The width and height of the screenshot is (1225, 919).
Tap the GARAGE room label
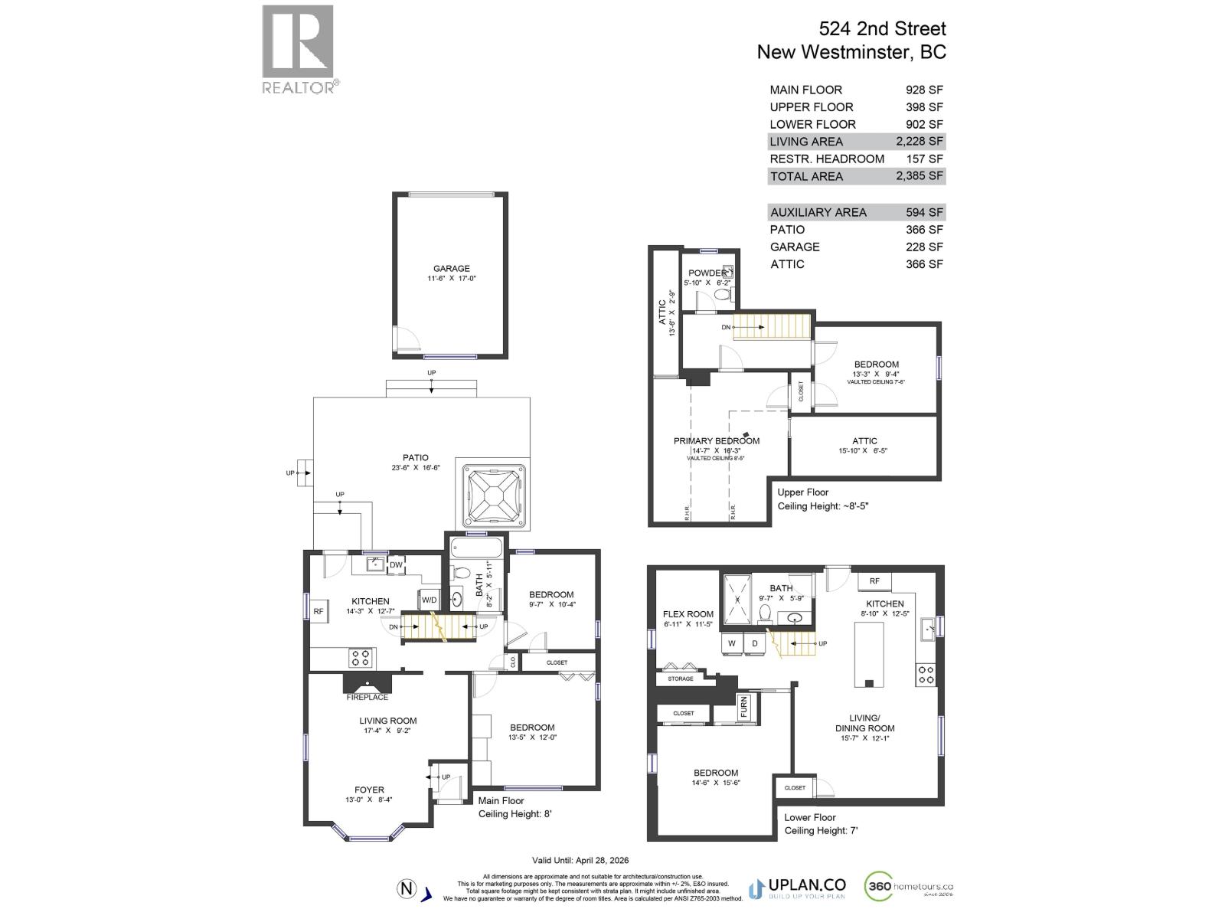pos(452,268)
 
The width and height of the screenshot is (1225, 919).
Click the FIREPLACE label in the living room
pos(367,697)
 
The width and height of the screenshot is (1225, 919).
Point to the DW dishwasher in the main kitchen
pos(397,565)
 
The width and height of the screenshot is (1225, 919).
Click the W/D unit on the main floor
pos(429,600)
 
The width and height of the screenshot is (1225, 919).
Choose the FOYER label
pos(369,790)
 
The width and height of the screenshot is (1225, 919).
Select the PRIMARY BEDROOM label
pos(717,440)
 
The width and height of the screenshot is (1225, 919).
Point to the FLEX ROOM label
pos(688,613)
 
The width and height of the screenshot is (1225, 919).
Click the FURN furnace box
pos(744,706)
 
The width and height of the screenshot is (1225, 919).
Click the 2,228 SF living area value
pos(924,142)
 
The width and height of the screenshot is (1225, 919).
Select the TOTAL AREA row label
pos(806,176)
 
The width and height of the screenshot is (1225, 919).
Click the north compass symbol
pos(407,889)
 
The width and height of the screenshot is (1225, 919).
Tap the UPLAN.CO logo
pos(796,888)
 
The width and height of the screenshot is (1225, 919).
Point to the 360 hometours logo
pos(910,888)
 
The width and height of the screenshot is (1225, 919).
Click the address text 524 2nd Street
pos(882,29)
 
